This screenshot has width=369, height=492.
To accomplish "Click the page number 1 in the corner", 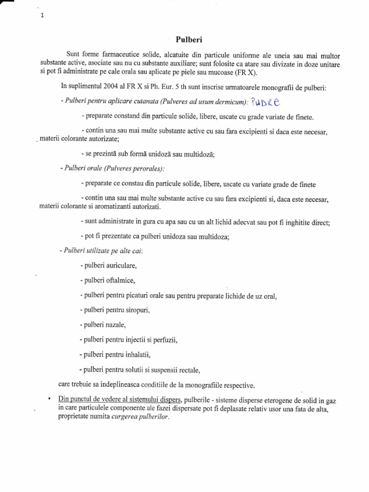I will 42,15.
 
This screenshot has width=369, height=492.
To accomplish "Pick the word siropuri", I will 136,310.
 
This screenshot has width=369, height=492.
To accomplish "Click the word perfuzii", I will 164,340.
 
